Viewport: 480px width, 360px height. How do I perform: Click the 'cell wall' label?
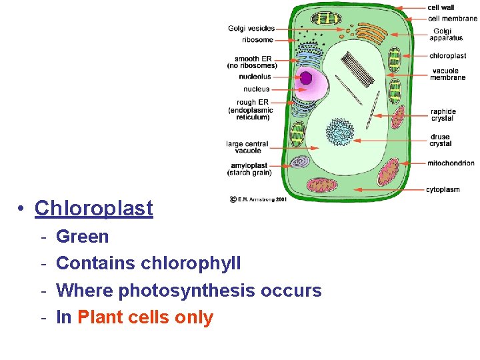point(441,8)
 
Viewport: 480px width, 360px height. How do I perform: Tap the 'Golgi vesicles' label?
point(251,29)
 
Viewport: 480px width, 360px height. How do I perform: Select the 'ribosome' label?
point(258,39)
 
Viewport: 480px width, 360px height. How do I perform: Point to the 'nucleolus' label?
point(255,77)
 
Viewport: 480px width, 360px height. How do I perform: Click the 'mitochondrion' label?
point(451,163)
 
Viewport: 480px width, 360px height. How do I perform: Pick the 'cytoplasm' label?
point(443,189)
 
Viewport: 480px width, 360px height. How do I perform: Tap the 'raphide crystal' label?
point(443,115)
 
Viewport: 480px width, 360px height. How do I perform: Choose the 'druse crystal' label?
point(440,141)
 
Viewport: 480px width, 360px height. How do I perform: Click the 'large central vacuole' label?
point(247,147)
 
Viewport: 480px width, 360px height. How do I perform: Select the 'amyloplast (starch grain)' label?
point(249,169)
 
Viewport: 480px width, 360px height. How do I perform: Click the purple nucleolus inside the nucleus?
point(306,78)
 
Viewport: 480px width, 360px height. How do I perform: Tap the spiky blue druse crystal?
point(340,131)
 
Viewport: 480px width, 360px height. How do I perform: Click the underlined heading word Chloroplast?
point(94,209)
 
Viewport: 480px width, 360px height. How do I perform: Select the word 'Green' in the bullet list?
point(83,237)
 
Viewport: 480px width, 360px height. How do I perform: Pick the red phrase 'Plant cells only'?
point(145,317)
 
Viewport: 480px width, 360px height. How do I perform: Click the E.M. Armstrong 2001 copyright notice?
point(259,199)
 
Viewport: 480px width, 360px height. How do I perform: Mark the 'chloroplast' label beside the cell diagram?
point(447,56)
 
